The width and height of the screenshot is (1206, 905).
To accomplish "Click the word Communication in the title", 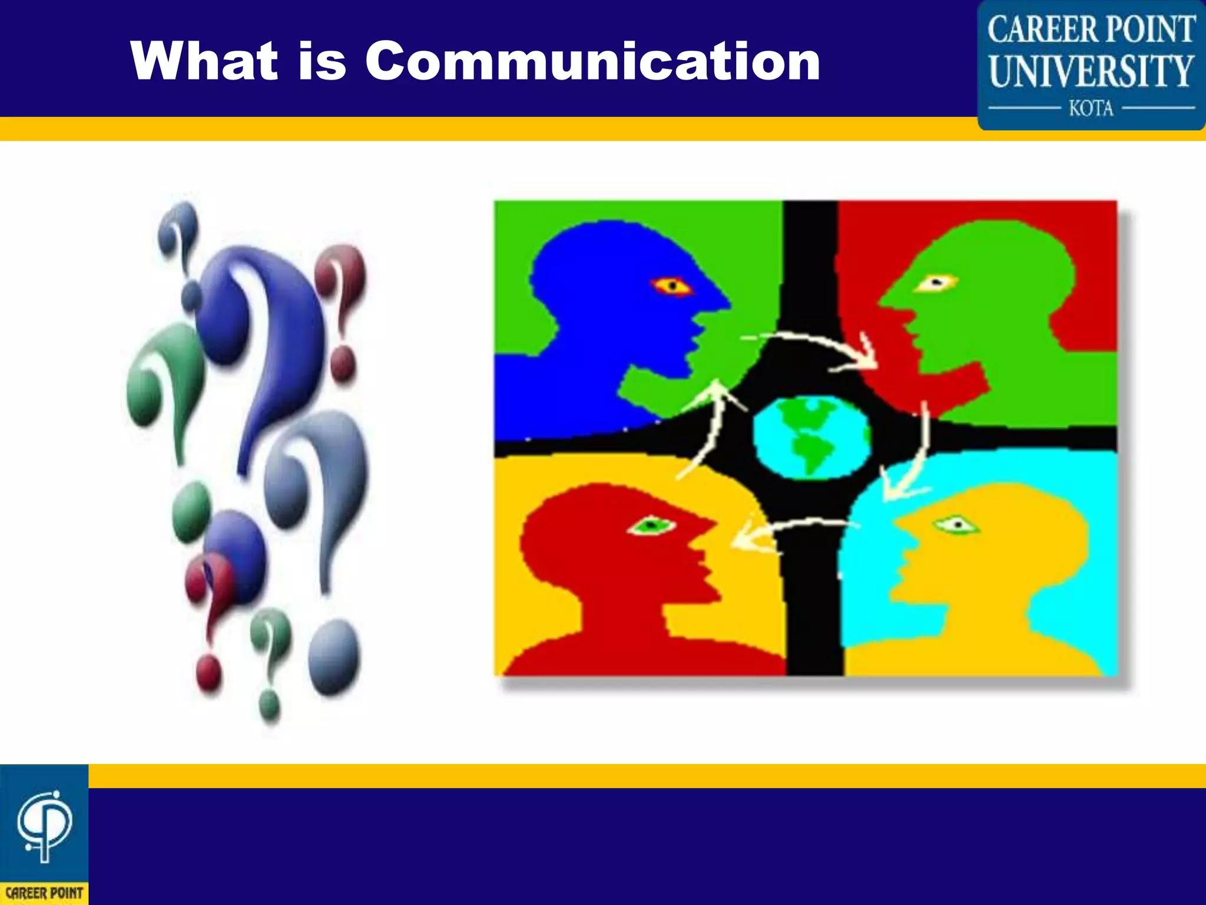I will click(592, 61).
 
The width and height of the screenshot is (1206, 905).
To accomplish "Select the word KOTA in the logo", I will click(1091, 108).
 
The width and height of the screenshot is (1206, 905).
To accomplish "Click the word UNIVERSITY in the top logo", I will click(1091, 72).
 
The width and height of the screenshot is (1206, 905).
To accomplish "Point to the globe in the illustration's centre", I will click(811, 437).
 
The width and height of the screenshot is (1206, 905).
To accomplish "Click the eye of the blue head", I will click(671, 286).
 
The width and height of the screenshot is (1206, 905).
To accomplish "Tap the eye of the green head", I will click(936, 283).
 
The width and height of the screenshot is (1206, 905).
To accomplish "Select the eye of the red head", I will click(651, 524).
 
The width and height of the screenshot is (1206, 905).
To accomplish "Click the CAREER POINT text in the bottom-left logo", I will click(44, 893).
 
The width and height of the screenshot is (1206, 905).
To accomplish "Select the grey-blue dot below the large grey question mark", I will click(334, 656).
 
